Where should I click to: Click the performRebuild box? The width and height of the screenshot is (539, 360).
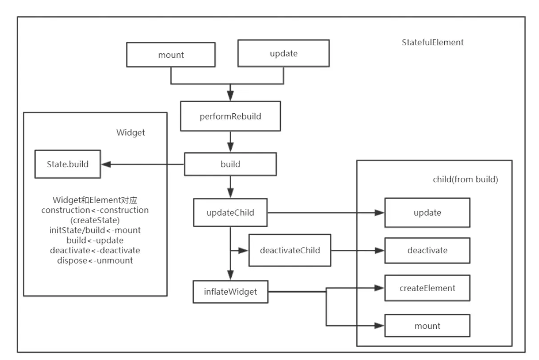(x=230, y=116)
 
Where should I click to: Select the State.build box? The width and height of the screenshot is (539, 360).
(x=68, y=164)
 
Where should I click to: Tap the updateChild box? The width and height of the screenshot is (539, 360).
(x=230, y=212)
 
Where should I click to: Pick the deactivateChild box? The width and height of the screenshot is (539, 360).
(x=290, y=250)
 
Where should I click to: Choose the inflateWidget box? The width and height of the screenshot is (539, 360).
(x=230, y=292)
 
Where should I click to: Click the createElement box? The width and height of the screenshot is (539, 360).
(x=427, y=288)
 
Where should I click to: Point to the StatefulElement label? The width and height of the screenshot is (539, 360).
(x=432, y=42)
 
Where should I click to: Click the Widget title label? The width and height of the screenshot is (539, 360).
(x=130, y=132)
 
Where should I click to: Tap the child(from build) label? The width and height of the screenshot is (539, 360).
(x=465, y=179)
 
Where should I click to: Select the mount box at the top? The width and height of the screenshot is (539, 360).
(x=171, y=55)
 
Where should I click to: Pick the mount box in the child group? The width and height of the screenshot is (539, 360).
(x=427, y=326)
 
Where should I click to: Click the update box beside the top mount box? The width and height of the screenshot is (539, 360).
(x=283, y=53)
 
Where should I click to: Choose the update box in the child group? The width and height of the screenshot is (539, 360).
(x=427, y=212)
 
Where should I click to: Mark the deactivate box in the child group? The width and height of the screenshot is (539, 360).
(x=427, y=250)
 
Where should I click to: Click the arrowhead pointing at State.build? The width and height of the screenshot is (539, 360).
(x=106, y=164)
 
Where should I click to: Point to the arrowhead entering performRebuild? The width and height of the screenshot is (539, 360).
(x=230, y=96)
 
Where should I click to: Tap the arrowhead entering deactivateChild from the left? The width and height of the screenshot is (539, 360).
(x=243, y=251)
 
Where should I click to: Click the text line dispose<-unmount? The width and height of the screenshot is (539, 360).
(x=95, y=260)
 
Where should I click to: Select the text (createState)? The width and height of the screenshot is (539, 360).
(x=95, y=220)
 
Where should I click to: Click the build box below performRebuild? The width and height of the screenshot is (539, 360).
(x=230, y=164)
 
